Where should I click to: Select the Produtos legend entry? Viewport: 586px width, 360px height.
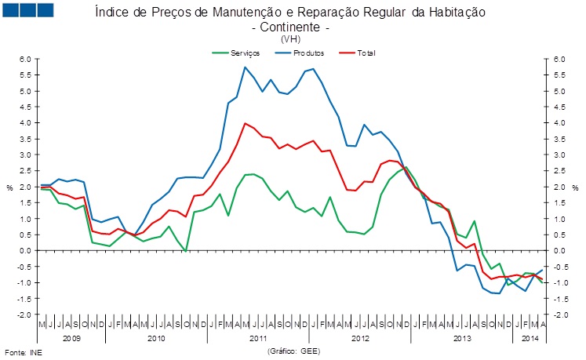(308, 53)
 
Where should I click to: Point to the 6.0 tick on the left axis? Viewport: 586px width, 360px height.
(24, 60)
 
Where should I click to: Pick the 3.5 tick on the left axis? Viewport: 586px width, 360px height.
(24, 139)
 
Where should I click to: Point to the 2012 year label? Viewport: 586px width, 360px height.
(361, 338)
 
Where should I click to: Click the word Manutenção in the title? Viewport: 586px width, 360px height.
(221, 13)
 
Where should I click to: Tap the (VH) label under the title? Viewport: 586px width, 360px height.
(290, 38)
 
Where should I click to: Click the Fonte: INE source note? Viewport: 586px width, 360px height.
(24, 351)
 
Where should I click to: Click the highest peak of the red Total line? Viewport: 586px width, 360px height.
(246, 123)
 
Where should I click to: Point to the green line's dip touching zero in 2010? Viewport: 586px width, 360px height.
(185, 250)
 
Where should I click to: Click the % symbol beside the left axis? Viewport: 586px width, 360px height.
(10, 187)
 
